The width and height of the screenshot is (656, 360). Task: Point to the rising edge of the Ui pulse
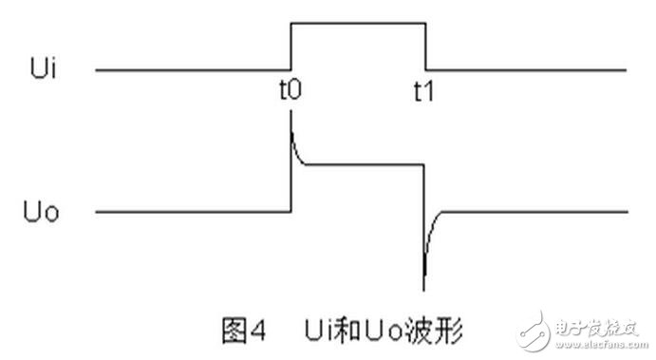(x=291, y=45)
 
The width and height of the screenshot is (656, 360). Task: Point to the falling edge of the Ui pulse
(x=425, y=45)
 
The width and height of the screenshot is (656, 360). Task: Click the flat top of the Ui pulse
(x=358, y=20)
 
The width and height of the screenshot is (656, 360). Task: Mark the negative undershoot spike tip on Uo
(x=424, y=286)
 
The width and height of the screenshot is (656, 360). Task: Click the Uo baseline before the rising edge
(x=190, y=211)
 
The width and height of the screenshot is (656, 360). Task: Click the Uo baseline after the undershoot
(x=541, y=211)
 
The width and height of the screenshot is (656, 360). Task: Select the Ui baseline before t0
(x=190, y=69)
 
